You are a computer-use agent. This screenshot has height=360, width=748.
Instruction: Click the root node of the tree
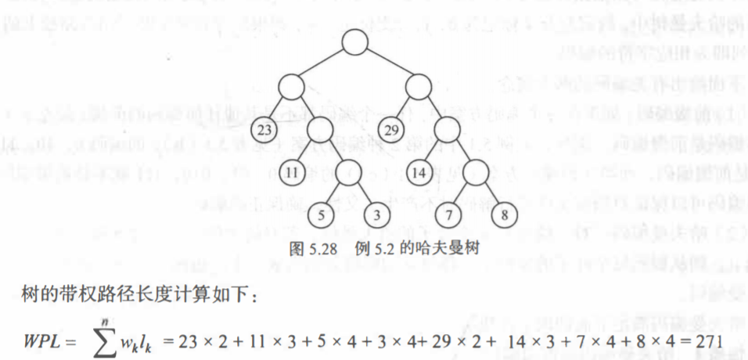[x=354, y=41]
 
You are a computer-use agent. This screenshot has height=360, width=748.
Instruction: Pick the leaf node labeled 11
[x=292, y=171]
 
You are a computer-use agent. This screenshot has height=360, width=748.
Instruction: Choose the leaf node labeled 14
[x=420, y=171]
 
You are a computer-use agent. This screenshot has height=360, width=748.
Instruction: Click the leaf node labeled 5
[x=321, y=214]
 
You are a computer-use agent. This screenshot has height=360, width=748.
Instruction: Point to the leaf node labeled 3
[x=376, y=214]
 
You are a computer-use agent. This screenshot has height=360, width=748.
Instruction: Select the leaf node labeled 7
[x=449, y=214]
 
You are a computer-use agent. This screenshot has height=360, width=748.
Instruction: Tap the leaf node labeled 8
[x=505, y=214]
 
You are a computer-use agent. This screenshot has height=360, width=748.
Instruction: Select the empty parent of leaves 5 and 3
[x=349, y=171]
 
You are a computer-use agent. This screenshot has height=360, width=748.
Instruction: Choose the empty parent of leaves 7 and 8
[x=477, y=171]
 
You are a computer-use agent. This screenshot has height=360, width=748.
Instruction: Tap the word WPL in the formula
[x=42, y=341]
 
